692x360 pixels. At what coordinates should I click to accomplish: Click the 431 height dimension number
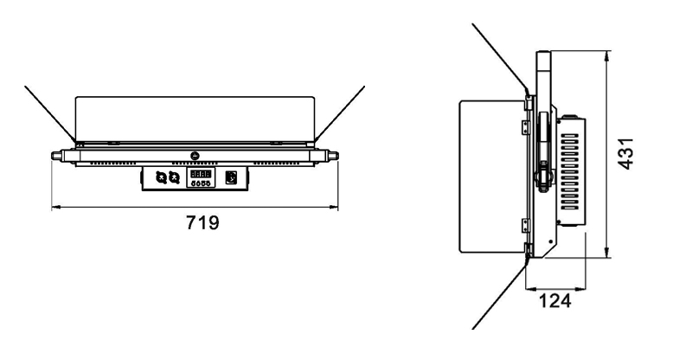tap(633, 154)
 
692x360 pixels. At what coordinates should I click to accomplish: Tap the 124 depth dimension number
tap(555, 304)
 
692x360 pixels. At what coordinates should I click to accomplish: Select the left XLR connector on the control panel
tap(161, 177)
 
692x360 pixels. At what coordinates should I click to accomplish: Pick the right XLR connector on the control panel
tap(174, 177)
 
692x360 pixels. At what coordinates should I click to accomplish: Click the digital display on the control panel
tap(201, 173)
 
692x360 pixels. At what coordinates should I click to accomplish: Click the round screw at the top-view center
tap(195, 157)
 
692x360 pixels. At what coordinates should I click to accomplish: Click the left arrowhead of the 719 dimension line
tap(56, 207)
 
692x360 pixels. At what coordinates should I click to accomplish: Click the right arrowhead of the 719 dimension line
tap(336, 207)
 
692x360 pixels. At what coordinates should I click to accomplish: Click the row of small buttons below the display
tap(201, 183)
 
